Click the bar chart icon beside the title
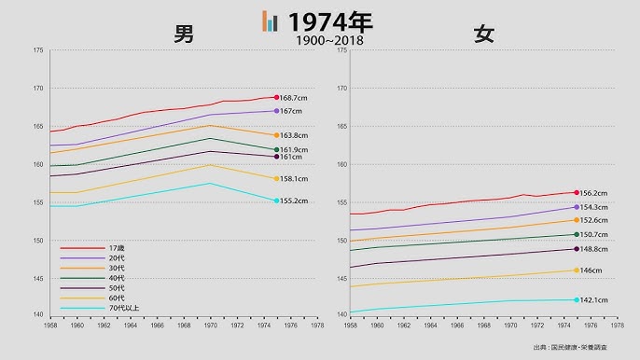[271, 21]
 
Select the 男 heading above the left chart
[184, 35]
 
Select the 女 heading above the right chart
[483, 35]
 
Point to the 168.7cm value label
[295, 98]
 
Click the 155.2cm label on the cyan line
[295, 201]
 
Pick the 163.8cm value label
[295, 135]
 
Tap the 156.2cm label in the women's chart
[595, 193]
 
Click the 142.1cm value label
[595, 300]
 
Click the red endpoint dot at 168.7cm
[277, 97]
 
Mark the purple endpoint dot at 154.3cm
[577, 207]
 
